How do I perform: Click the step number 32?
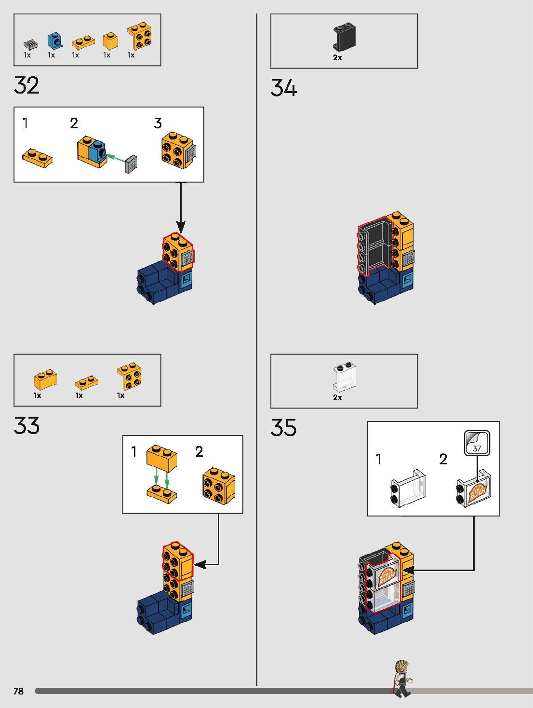click(x=27, y=85)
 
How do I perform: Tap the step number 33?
click(x=27, y=426)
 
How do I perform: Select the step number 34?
click(x=284, y=88)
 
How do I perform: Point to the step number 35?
click(x=283, y=428)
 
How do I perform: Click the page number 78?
click(x=18, y=691)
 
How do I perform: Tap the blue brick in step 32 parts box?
click(x=55, y=41)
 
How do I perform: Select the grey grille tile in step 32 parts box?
click(x=30, y=44)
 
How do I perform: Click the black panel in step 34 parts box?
click(x=344, y=37)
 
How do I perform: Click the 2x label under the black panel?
click(x=337, y=57)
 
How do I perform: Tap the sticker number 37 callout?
click(x=477, y=443)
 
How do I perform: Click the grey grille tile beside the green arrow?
click(x=131, y=164)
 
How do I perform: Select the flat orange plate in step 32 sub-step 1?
click(x=37, y=158)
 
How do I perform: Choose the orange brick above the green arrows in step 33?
click(x=162, y=458)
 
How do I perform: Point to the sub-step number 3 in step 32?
click(x=158, y=123)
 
